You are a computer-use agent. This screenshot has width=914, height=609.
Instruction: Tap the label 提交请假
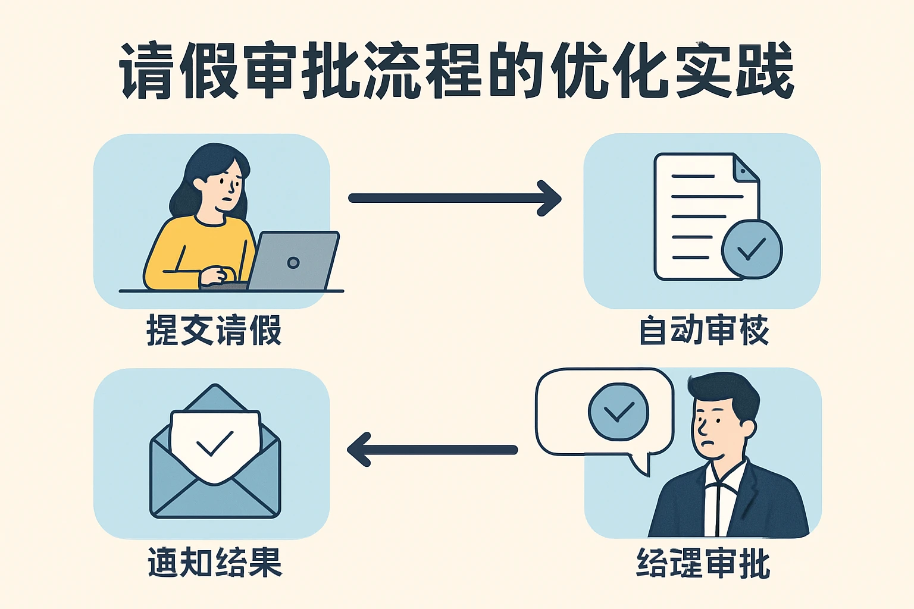[214, 331]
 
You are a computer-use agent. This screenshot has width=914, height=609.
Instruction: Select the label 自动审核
[704, 331]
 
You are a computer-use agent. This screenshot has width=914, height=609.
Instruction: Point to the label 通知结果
[214, 561]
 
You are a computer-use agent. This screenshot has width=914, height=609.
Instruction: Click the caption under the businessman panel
[703, 563]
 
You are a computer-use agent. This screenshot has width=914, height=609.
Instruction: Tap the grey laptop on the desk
[294, 260]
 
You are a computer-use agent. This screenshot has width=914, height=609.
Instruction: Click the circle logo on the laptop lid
[293, 262]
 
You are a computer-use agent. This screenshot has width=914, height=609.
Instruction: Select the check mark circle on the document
[752, 249]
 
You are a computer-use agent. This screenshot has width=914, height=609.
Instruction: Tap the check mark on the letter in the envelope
[214, 443]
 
